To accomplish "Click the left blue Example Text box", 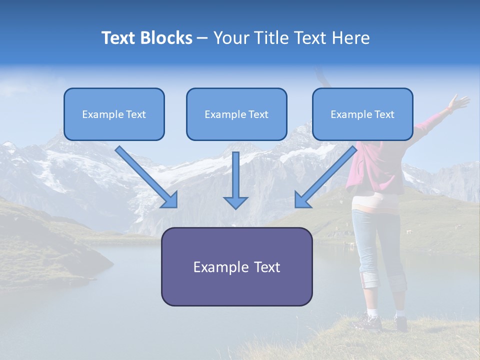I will (x=114, y=114).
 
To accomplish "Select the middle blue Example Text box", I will (x=236, y=114).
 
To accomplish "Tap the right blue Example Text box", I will (x=362, y=114).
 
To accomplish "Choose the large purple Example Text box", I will (x=236, y=266).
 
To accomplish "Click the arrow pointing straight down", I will (x=235, y=180).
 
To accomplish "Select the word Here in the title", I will (x=351, y=38).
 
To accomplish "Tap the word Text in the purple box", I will (x=266, y=267).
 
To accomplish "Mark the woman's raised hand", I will (x=458, y=102).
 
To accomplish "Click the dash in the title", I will (x=202, y=38).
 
